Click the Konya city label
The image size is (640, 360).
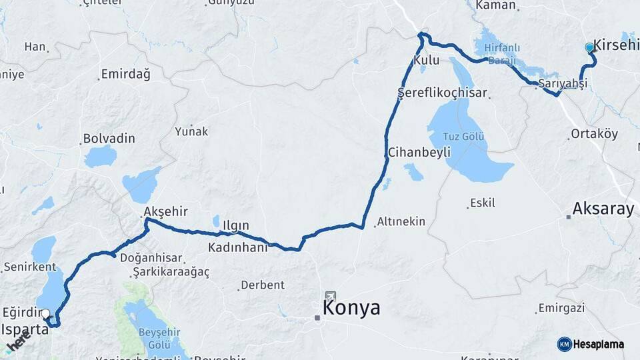coord(351,307)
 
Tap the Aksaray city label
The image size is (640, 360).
coord(603,209)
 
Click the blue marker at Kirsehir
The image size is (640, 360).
coord(589,47)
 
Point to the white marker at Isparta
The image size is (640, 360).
coord(45,313)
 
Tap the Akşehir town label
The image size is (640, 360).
coord(165,212)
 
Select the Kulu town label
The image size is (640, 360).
coord(427,60)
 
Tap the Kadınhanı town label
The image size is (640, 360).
coord(237,247)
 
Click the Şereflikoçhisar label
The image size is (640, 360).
coord(442,93)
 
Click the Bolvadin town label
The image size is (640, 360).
coord(109,139)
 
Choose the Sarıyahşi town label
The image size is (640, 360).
coord(563,84)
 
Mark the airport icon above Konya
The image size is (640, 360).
coord(331,295)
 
